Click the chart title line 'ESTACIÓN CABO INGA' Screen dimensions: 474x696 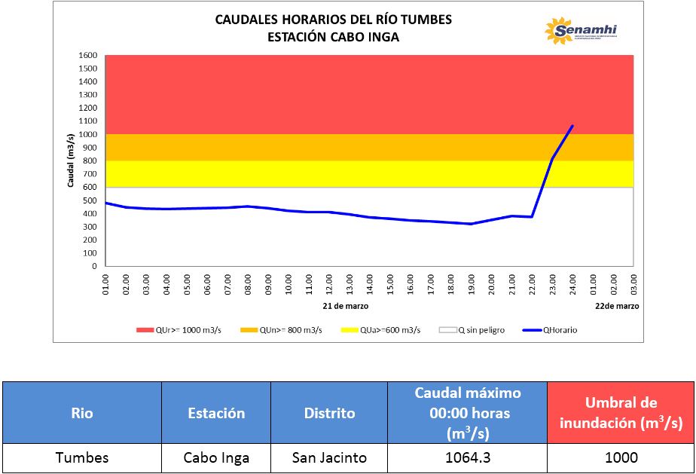tap(333, 36)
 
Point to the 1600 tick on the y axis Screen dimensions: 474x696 tap(88, 55)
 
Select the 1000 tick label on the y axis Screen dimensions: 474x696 tap(88, 134)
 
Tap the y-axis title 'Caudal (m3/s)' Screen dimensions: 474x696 tap(70, 160)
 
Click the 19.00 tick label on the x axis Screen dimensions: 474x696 tap(472, 285)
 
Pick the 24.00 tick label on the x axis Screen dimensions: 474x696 tap(573, 285)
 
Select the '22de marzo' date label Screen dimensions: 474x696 tap(617, 307)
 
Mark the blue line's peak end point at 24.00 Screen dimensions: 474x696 tap(572, 126)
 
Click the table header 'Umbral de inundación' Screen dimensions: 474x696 tap(619, 413)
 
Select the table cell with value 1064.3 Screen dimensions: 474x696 tap(467, 457)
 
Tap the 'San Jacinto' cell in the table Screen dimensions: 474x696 tap(330, 457)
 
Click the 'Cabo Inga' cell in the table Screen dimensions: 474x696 tap(217, 457)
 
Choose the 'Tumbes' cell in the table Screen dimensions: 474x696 tap(82, 457)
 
